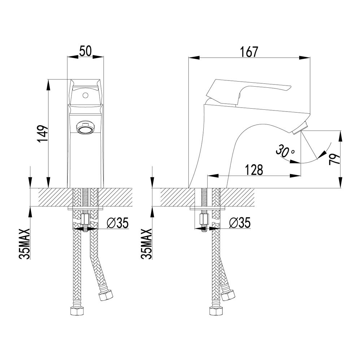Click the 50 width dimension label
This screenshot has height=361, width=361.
[x=85, y=51]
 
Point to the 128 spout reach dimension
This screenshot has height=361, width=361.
[x=255, y=170]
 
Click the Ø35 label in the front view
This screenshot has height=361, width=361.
[x=118, y=223]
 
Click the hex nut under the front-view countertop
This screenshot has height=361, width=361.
[x=86, y=219]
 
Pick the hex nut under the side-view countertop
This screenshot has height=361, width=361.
[x=204, y=219]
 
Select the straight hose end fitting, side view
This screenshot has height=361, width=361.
[x=215, y=312]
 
